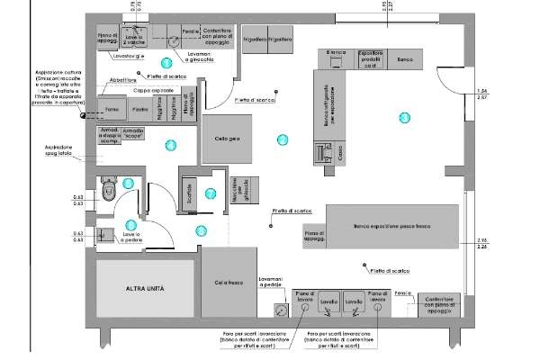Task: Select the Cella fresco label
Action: click(x=229, y=283)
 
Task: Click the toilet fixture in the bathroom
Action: click(x=109, y=191)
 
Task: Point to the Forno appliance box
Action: click(x=112, y=109)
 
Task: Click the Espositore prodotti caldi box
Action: click(x=372, y=58)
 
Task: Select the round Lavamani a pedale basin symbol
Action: click(x=281, y=309)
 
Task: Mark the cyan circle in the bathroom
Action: click(x=128, y=183)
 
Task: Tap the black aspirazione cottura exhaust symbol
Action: click(x=58, y=114)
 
